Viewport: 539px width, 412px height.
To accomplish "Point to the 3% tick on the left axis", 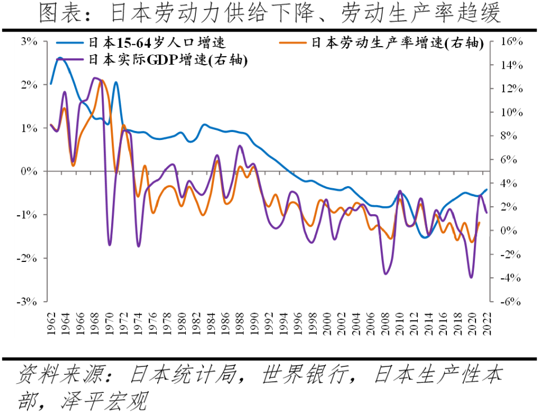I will (29, 42).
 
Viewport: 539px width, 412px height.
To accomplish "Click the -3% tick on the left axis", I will (28, 301).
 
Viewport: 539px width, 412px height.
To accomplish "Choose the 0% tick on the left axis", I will (29, 171).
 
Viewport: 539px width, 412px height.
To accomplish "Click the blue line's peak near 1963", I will (60, 57).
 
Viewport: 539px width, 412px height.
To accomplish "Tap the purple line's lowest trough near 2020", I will (471, 277).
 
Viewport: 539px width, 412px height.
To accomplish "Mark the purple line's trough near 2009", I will (386, 274).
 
